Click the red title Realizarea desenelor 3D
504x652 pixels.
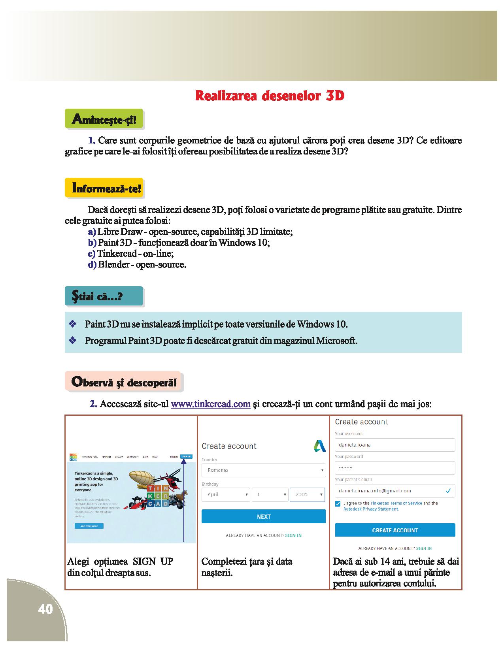pos(270,96)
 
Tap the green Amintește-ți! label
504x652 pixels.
pos(104,119)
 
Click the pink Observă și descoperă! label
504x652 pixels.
pos(123,382)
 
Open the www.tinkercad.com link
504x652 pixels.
pos(210,404)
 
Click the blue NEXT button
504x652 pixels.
pos(263,516)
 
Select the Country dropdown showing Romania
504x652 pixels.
pos(263,470)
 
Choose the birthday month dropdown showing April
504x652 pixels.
pos(225,494)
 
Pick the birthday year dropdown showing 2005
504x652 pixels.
pos(307,494)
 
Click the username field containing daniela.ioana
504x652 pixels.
pos(395,445)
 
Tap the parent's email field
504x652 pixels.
pos(395,491)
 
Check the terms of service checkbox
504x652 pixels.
pos(338,504)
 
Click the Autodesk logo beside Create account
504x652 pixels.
pos(319,446)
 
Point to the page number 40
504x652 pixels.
pos(45,609)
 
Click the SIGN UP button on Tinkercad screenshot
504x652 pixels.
pos(186,457)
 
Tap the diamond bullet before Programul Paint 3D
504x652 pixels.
pos(72,340)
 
